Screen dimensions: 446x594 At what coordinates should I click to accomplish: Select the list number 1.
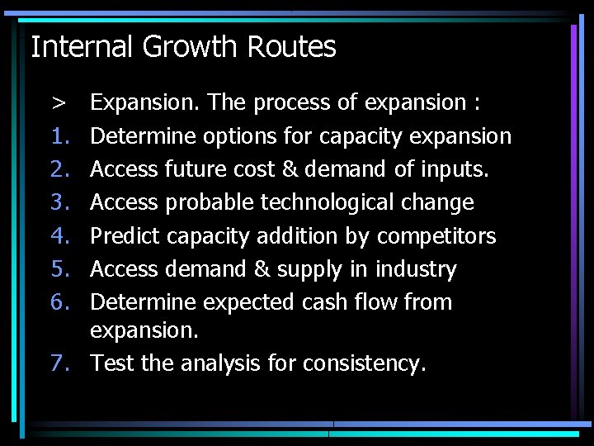58,136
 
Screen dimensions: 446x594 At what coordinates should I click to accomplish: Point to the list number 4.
58,236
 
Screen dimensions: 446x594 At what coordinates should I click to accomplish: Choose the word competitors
436,236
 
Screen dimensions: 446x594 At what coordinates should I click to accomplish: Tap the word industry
416,269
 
